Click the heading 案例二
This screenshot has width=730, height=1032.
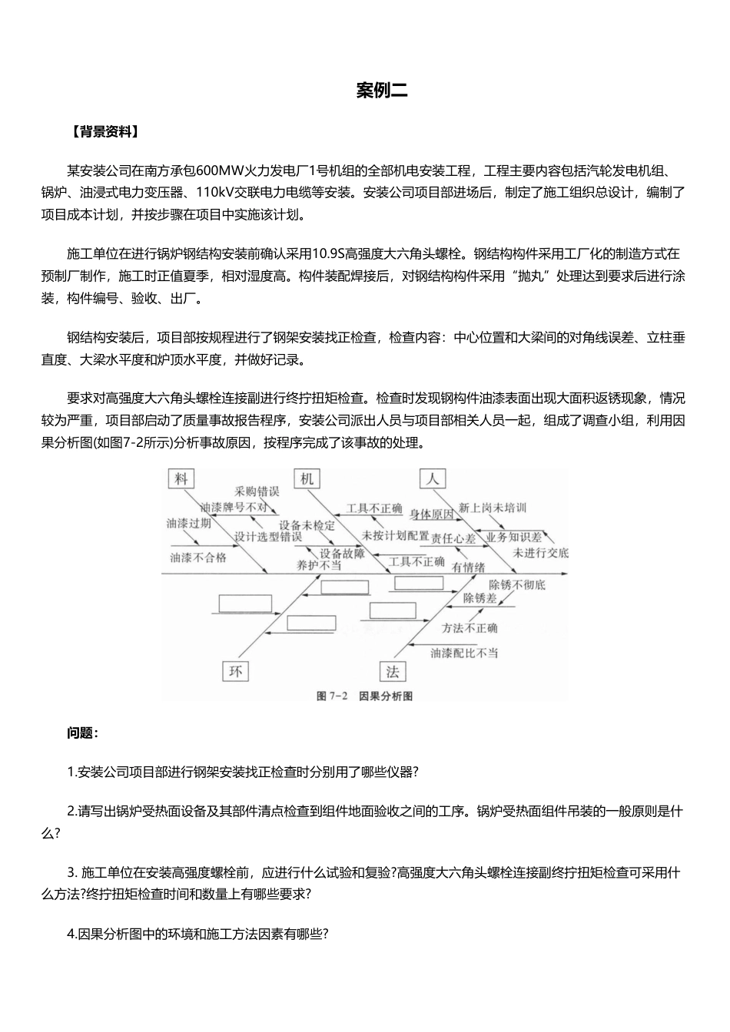click(x=382, y=91)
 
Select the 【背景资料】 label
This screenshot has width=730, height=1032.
click(x=104, y=131)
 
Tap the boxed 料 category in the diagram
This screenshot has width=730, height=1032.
click(x=181, y=479)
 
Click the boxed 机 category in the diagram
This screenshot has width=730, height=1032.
click(x=307, y=479)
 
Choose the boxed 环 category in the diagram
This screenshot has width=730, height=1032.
click(x=235, y=672)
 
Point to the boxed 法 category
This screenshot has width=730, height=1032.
click(x=392, y=672)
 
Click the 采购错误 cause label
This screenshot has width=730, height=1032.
click(x=257, y=491)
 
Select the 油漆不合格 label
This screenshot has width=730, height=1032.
click(x=198, y=557)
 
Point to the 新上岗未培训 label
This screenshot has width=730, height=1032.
click(x=493, y=508)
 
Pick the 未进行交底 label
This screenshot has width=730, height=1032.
click(x=541, y=553)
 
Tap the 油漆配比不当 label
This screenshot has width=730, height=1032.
click(x=464, y=653)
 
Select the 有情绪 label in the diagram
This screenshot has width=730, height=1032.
click(x=468, y=568)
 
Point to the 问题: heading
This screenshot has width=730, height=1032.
click(x=82, y=733)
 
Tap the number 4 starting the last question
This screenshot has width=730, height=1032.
click(x=71, y=934)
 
